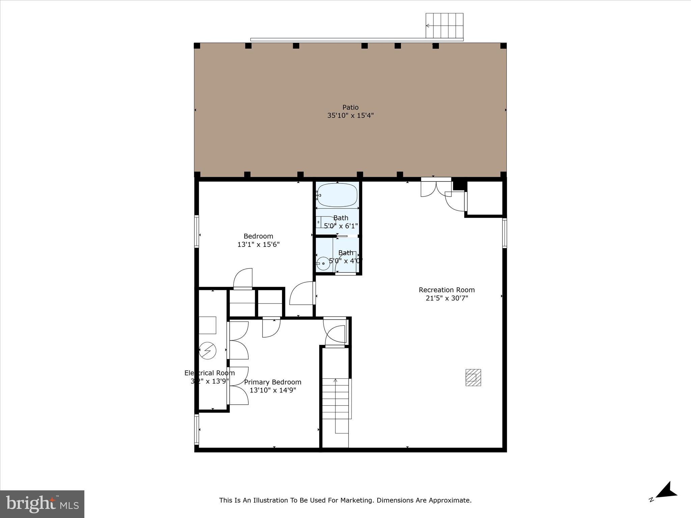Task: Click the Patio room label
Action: (x=350, y=107)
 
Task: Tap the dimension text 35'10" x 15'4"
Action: (x=350, y=115)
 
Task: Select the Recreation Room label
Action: (x=446, y=290)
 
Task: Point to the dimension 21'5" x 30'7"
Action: (x=446, y=298)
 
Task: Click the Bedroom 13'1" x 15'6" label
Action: (x=258, y=240)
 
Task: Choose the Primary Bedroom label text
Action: (x=273, y=382)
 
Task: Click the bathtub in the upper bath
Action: (x=337, y=195)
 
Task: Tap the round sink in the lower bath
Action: (x=323, y=263)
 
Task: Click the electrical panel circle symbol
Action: (x=207, y=350)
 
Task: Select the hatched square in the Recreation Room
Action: (x=473, y=377)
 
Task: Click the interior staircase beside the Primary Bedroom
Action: (x=335, y=405)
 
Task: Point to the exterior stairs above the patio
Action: (x=444, y=26)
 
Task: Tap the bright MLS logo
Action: (x=42, y=504)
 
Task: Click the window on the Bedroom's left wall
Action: (x=196, y=231)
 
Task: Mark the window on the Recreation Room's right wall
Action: (x=504, y=233)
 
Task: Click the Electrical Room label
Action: (x=209, y=373)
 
